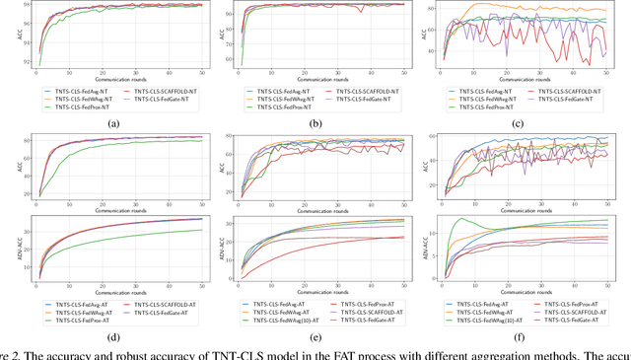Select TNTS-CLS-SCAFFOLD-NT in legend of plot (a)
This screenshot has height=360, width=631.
tap(164, 91)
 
